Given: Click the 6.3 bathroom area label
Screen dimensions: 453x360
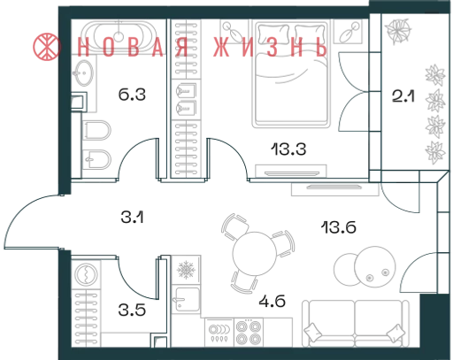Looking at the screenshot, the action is [x=132, y=95].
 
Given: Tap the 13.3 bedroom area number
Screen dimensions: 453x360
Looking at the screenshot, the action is [x=288, y=149].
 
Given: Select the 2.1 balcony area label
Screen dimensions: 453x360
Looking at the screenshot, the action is [x=403, y=96].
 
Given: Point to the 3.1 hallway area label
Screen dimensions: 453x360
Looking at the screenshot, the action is [x=132, y=218].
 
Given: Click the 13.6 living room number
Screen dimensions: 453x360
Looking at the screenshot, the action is [x=339, y=227].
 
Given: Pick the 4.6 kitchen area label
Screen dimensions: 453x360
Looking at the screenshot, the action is [x=272, y=302].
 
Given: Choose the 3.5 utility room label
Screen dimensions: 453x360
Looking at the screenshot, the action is [x=132, y=310].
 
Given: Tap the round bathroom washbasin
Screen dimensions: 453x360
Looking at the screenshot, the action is [x=83, y=73].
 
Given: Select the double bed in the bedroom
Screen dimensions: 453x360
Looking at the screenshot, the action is [x=290, y=73].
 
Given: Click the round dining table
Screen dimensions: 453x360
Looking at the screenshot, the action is [x=255, y=254].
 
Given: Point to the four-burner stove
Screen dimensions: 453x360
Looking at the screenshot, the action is [x=249, y=333].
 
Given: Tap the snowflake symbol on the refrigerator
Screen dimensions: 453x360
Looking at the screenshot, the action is [x=186, y=270].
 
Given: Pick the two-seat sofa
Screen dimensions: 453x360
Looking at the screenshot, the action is [x=356, y=324].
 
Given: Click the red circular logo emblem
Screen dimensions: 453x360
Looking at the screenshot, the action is [x=47, y=47].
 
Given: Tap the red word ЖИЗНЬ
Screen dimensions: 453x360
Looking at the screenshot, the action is [x=270, y=47].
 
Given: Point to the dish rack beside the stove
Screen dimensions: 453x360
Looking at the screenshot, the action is [x=219, y=333].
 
